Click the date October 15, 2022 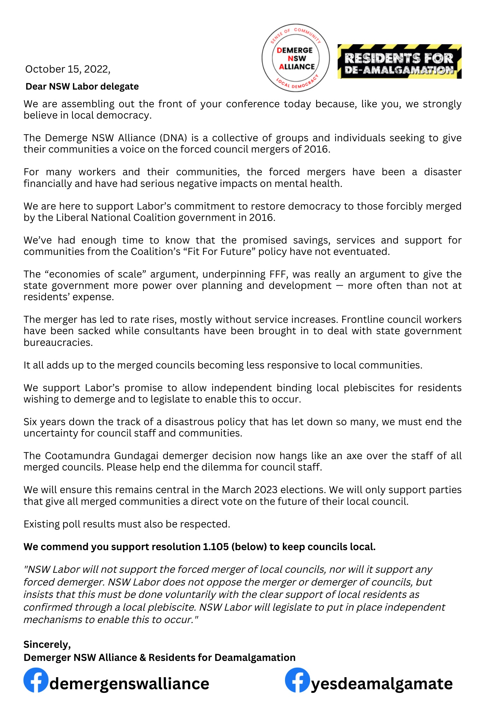pos(68,69)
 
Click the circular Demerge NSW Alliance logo pos(296,58)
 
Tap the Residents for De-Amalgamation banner pos(399,62)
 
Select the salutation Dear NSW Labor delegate pos(82,86)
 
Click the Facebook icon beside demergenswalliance pos(36,680)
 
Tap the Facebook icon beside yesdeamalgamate pos(297,680)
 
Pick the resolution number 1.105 pos(216,547)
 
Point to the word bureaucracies pos(58,342)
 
